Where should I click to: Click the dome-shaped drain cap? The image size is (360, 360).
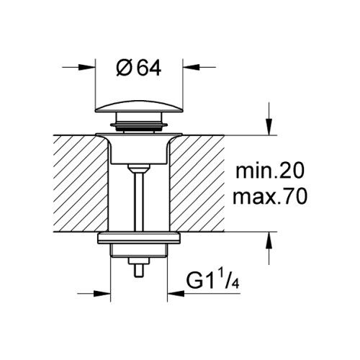(140, 112)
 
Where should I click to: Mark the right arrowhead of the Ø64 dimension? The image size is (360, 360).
(189, 68)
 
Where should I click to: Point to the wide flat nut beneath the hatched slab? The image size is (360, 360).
(140, 242)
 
